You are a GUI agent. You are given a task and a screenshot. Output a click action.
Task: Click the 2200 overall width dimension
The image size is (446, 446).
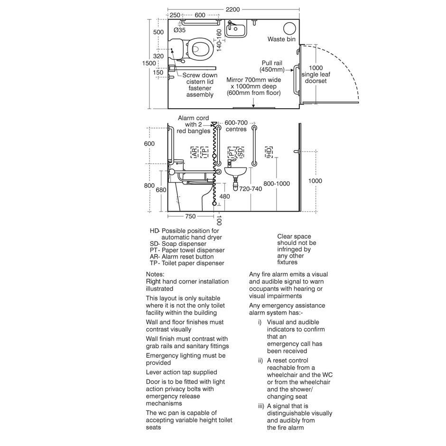[x=232, y=9]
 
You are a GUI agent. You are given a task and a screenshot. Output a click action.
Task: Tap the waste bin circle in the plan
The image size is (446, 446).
[x=289, y=28]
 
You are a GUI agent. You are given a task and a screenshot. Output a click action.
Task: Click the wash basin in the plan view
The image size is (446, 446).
[x=235, y=28]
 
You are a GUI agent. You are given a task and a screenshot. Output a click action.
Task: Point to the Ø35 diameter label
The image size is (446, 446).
[x=179, y=30]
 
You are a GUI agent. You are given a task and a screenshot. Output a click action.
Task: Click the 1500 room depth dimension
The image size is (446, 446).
[x=149, y=63]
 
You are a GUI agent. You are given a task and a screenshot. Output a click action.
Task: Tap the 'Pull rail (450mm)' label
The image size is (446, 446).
[x=272, y=66]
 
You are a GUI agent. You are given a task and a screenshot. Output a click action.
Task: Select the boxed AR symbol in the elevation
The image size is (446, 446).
[x=195, y=152]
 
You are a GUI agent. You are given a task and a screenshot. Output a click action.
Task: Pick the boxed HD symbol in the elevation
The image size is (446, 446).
[x=269, y=152]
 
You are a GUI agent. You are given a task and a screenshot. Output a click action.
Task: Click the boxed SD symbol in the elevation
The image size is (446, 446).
[x=241, y=152]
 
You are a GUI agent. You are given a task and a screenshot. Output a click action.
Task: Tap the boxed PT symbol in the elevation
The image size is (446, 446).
[x=232, y=152]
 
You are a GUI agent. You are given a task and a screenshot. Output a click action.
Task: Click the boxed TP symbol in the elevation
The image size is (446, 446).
[x=204, y=152]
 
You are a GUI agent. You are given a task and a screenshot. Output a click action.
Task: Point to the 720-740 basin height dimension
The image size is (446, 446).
[x=251, y=189]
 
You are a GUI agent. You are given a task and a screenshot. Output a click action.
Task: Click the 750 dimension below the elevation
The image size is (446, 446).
[x=190, y=216]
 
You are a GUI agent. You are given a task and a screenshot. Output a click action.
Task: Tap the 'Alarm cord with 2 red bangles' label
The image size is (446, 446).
[x=194, y=124]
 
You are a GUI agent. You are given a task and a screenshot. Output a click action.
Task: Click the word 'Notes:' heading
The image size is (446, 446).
[x=155, y=274]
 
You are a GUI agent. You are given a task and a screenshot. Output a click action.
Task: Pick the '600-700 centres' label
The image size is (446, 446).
[x=236, y=126]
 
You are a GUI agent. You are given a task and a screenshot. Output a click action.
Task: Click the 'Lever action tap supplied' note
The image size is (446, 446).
[x=181, y=372]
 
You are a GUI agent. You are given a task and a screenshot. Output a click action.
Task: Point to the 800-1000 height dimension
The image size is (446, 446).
[x=277, y=184]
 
